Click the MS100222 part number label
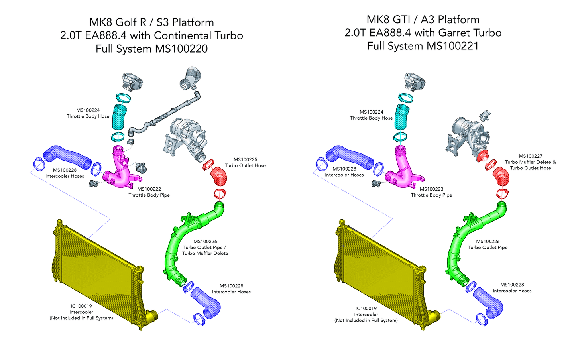pyautogui.click(x=149, y=189)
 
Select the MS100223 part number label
pyautogui.click(x=431, y=189)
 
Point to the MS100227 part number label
pyautogui.click(x=530, y=156)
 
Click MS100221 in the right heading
pyautogui.click(x=452, y=46)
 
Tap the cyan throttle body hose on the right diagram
pyautogui.click(x=401, y=116)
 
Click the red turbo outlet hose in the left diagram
pyautogui.click(x=218, y=177)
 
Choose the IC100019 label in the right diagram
pyautogui.click(x=366, y=309)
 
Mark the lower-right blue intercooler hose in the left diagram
pyautogui.click(x=207, y=303)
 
